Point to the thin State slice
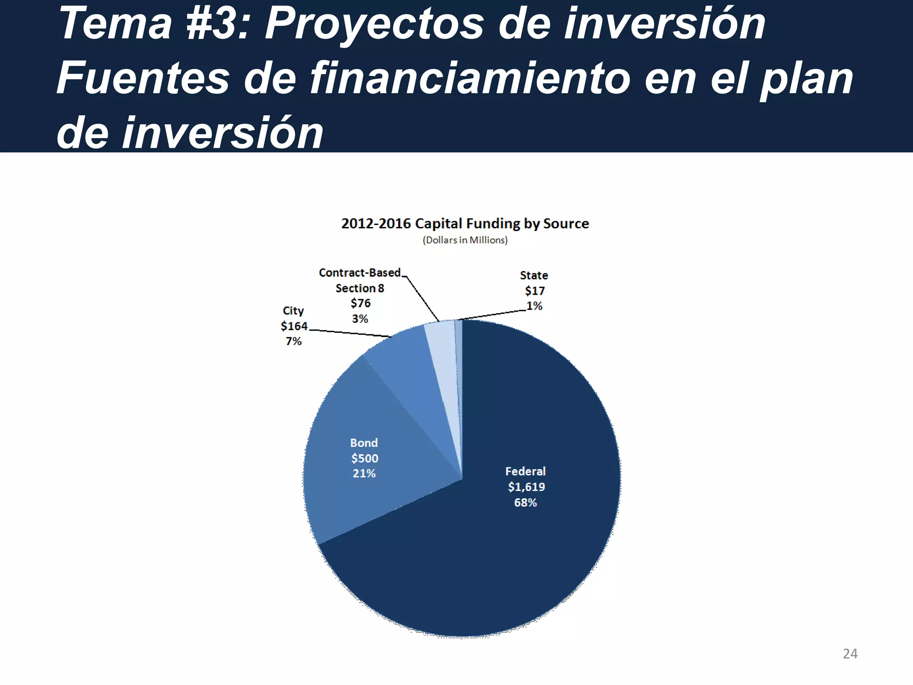pyautogui.click(x=459, y=357)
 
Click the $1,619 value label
pyautogui.click(x=526, y=487)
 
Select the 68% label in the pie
pyautogui.click(x=526, y=503)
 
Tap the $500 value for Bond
pyautogui.click(x=365, y=458)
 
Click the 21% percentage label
pyautogui.click(x=364, y=474)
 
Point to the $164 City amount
pyautogui.click(x=294, y=326)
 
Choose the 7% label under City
pyautogui.click(x=294, y=341)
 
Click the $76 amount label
pyautogui.click(x=361, y=303)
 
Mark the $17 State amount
pyautogui.click(x=535, y=291)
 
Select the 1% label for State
pyautogui.click(x=535, y=306)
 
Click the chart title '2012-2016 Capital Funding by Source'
pyautogui.click(x=465, y=223)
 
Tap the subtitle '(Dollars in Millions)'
pyautogui.click(x=465, y=240)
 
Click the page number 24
pyautogui.click(x=850, y=654)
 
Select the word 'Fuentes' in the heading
pyautogui.click(x=143, y=78)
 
